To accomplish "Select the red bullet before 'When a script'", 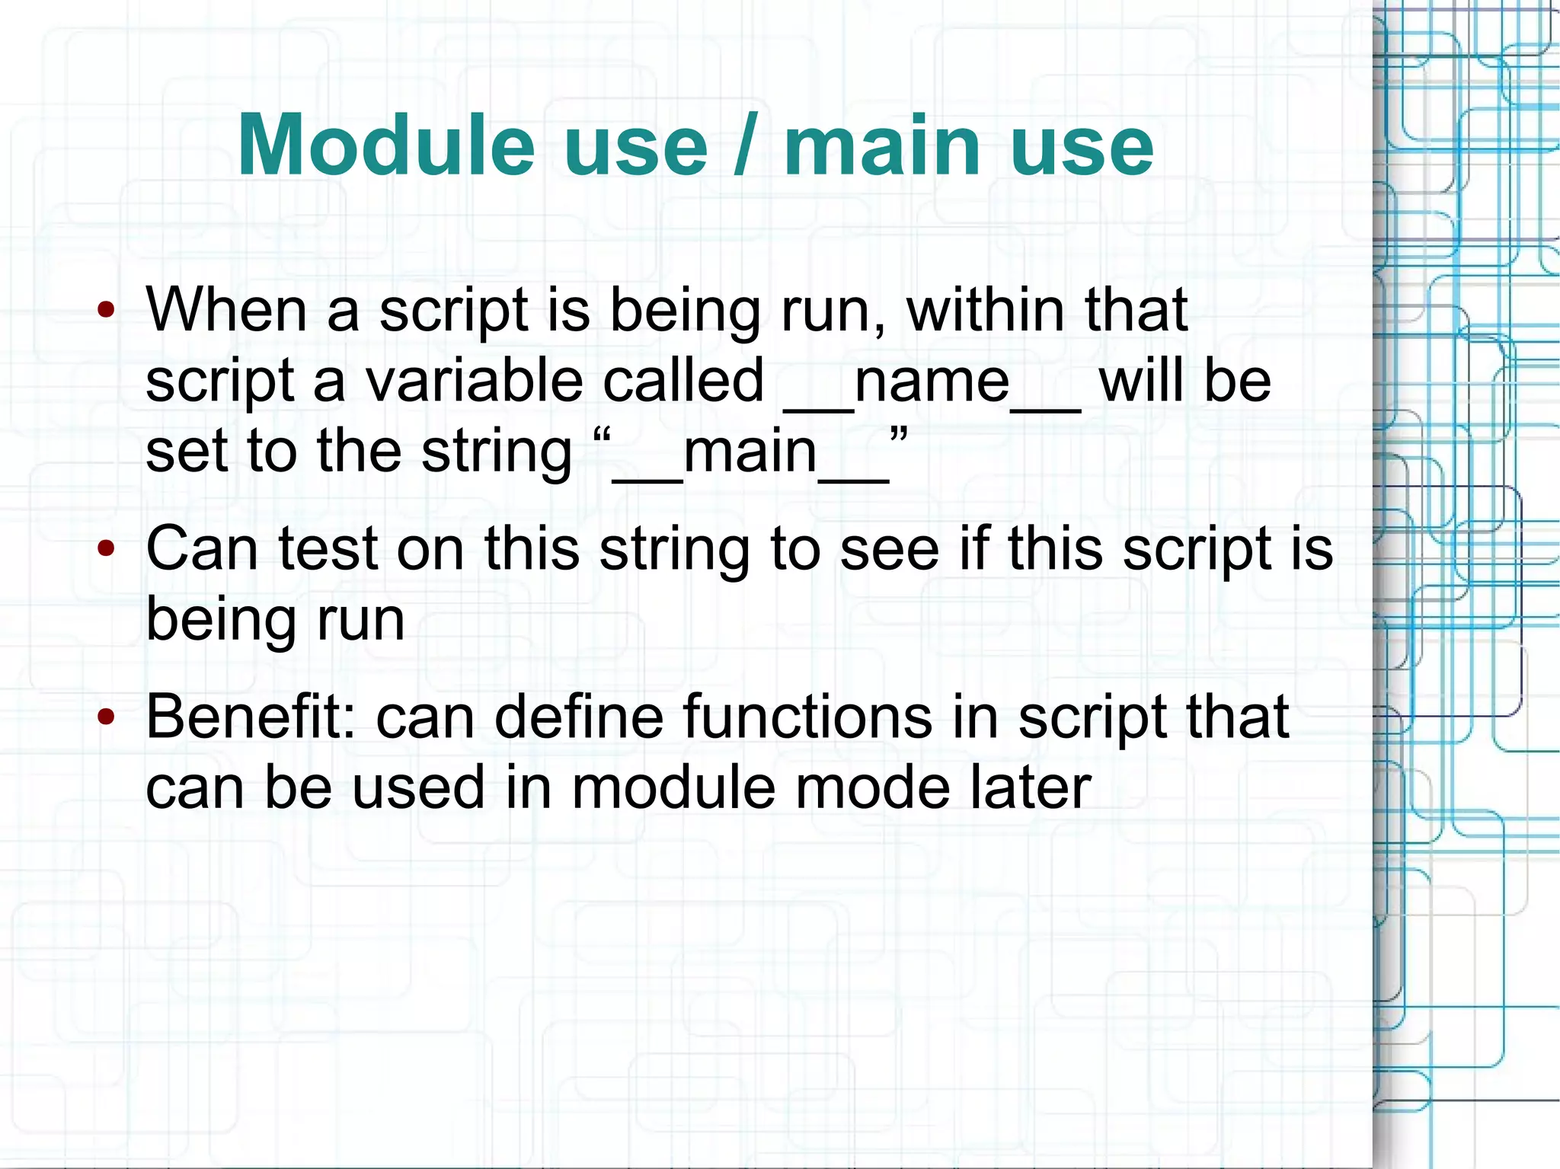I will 107,310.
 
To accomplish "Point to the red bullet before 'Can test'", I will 107,548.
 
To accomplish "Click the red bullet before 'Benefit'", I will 107,717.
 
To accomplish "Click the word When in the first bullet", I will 225,310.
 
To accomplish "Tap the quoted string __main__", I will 750,452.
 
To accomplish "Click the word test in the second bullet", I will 328,548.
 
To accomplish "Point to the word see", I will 889,548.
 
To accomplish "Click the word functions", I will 807,717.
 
